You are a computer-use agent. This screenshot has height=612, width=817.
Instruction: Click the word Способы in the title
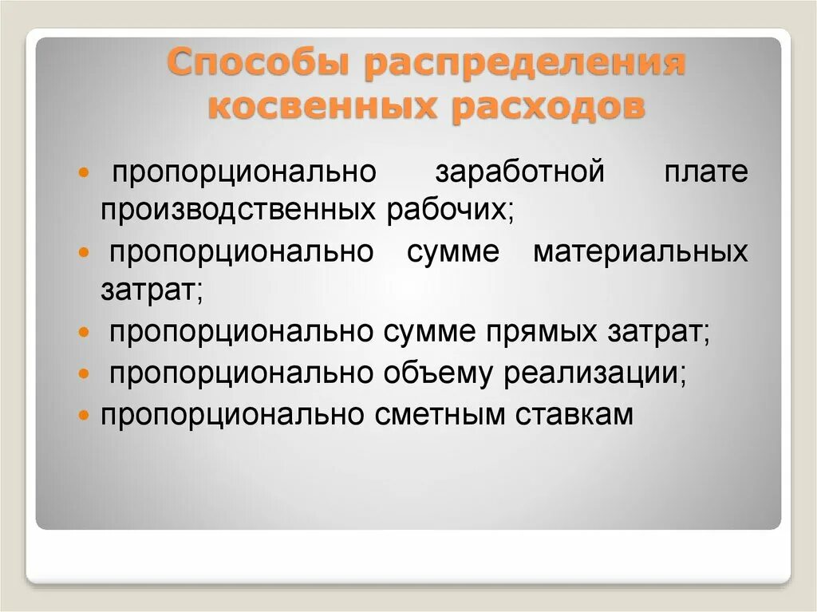259,65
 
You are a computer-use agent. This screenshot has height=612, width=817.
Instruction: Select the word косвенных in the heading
322,106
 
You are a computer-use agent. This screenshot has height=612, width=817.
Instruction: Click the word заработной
520,172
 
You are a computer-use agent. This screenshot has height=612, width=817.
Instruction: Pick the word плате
706,172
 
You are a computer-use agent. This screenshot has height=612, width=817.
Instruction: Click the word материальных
641,252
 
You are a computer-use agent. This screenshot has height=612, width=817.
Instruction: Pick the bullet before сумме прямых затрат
85,332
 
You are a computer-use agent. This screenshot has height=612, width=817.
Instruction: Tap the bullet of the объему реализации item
85,373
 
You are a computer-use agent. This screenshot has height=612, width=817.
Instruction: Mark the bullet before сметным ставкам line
85,415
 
